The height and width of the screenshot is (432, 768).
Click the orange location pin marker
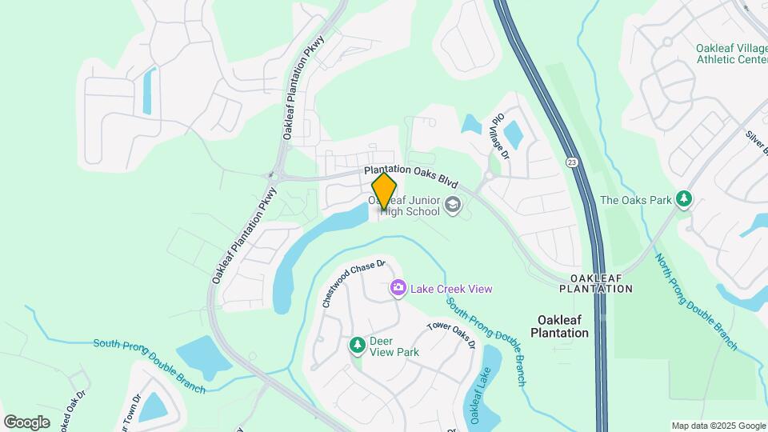click(x=385, y=191)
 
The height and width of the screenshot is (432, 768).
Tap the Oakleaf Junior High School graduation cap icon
click(x=453, y=206)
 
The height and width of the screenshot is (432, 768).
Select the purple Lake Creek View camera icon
click(x=398, y=288)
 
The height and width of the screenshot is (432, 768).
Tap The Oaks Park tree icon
click(x=683, y=198)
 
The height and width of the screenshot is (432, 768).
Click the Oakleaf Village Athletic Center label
click(x=731, y=53)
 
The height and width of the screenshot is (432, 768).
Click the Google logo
click(x=26, y=422)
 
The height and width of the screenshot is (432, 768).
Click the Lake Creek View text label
click(x=452, y=289)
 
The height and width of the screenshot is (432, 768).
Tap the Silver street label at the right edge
click(x=755, y=143)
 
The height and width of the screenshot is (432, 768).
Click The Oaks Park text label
click(x=636, y=200)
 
